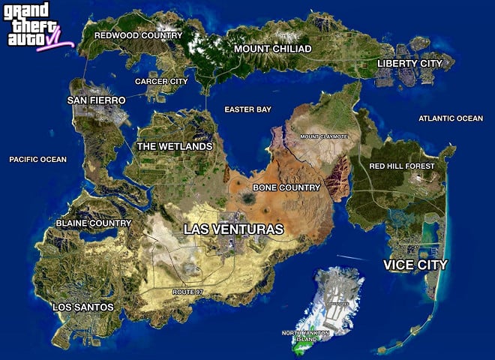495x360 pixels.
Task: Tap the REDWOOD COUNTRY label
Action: coord(138,35)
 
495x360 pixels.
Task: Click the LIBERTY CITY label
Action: coord(409,63)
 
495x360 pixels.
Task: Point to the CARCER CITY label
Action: coord(161,81)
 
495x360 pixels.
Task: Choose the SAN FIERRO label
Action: coord(96,100)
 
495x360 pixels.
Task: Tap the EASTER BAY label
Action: coord(247,109)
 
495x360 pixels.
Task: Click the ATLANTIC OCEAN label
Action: coord(451,118)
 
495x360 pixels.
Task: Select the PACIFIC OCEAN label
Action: coord(37,159)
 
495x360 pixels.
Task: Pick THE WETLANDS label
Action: coord(174,146)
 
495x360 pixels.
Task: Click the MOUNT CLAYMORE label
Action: coord(324,136)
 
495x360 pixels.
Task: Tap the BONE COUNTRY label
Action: coord(286,187)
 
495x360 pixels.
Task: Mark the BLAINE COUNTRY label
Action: coord(94,223)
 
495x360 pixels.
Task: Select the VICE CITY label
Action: coord(415,265)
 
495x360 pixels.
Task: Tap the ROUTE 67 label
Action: coord(188,290)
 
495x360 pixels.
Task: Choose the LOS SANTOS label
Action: coord(83,307)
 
